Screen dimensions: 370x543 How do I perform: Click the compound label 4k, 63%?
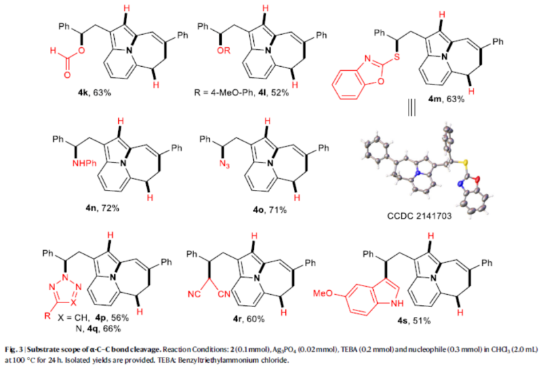click(94, 92)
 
